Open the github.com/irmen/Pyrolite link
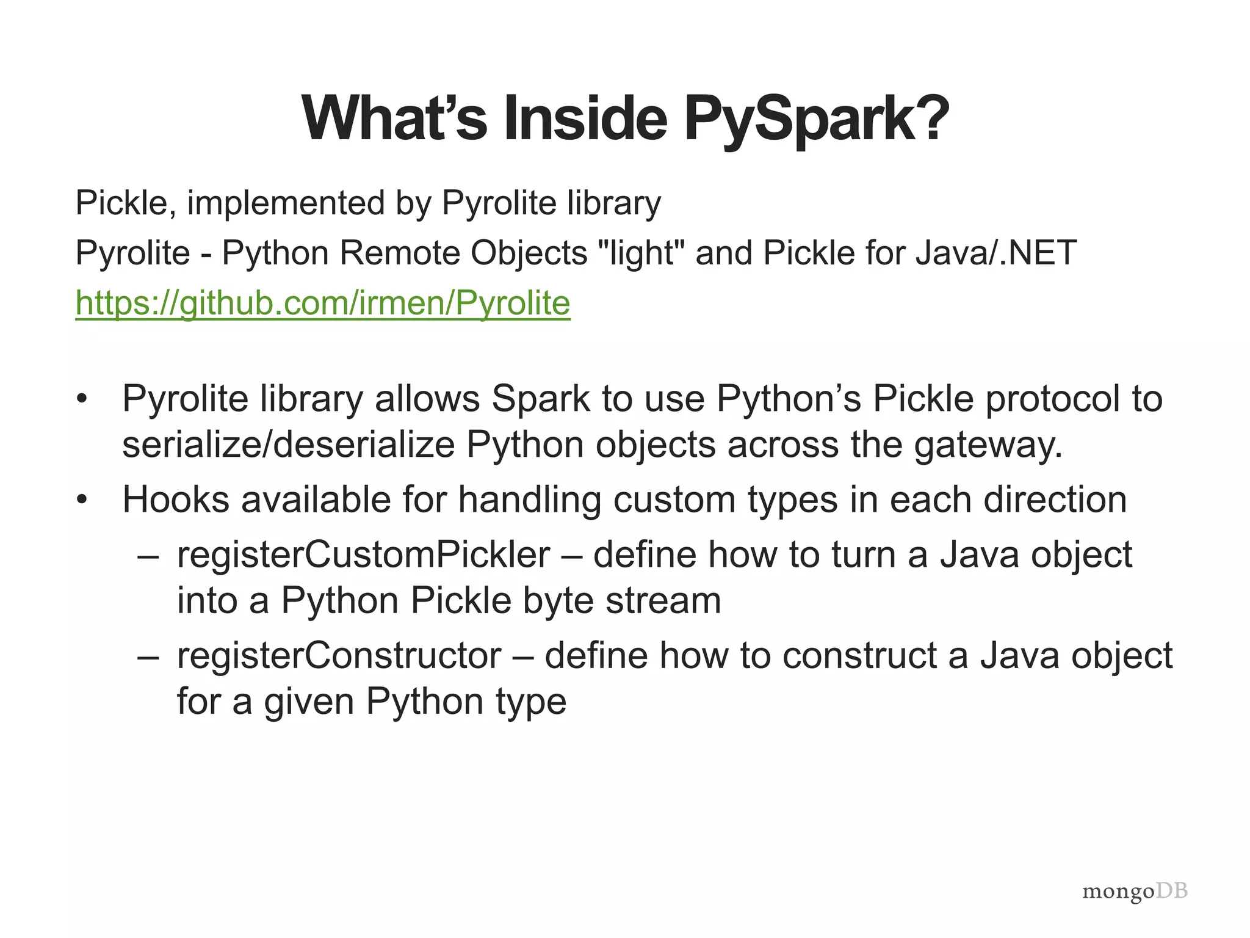323,303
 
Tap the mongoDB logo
1135,891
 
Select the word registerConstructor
339,655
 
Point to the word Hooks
176,500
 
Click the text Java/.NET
996,253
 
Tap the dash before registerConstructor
148,656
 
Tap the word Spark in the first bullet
541,399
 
